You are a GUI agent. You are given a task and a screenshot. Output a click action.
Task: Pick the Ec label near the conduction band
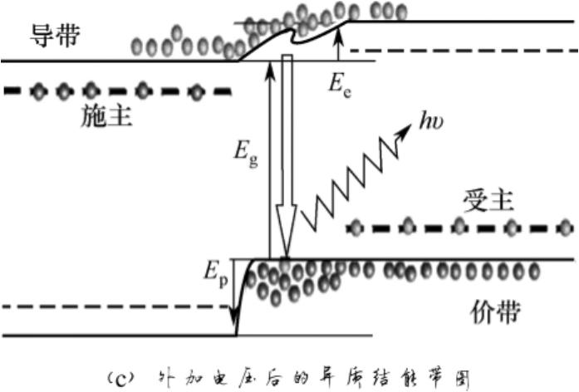coord(341,86)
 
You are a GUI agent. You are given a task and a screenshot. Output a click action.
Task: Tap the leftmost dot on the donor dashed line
coord(37,90)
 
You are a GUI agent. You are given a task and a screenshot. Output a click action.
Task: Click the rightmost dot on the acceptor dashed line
coord(565,226)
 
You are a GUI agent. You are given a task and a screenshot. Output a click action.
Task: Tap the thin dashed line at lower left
coord(116,307)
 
